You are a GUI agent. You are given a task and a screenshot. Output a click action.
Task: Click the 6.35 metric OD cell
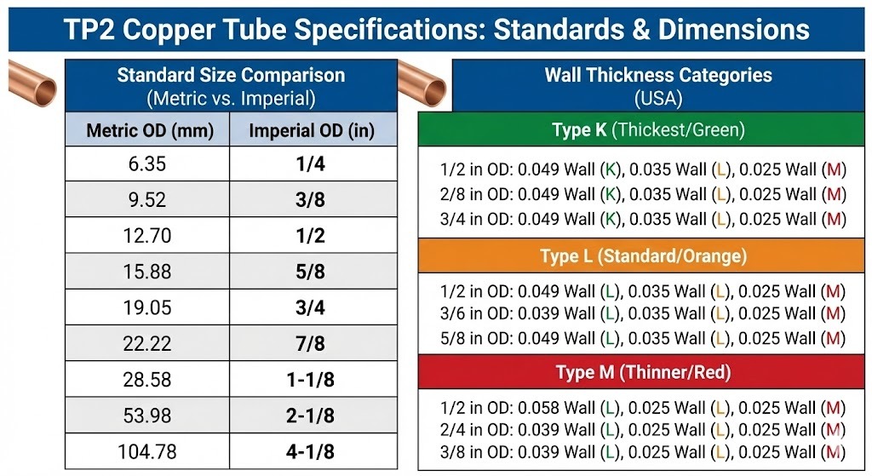pyautogui.click(x=146, y=163)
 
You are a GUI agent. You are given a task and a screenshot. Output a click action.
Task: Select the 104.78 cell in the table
pyautogui.click(x=146, y=451)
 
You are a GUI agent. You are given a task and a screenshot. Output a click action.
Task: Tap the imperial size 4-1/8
pyautogui.click(x=313, y=451)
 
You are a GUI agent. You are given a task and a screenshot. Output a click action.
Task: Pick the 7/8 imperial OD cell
pyautogui.click(x=313, y=343)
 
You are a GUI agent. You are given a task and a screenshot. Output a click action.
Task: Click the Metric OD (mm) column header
pyautogui.click(x=146, y=131)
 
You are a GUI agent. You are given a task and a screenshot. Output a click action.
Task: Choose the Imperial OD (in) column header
pyautogui.click(x=313, y=131)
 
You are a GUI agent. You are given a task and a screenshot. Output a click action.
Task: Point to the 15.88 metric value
pyautogui.click(x=146, y=272)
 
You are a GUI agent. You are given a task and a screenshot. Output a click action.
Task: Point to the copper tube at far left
pyautogui.click(x=32, y=83)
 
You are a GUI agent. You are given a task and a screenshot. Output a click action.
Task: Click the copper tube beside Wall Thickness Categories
pyautogui.click(x=423, y=83)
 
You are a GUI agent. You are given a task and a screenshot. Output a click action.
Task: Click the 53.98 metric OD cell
pyautogui.click(x=146, y=416)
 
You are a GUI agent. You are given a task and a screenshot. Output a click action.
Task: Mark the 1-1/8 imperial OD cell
pyautogui.click(x=313, y=380)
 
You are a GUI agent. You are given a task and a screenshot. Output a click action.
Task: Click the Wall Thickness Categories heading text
pyautogui.click(x=658, y=75)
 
